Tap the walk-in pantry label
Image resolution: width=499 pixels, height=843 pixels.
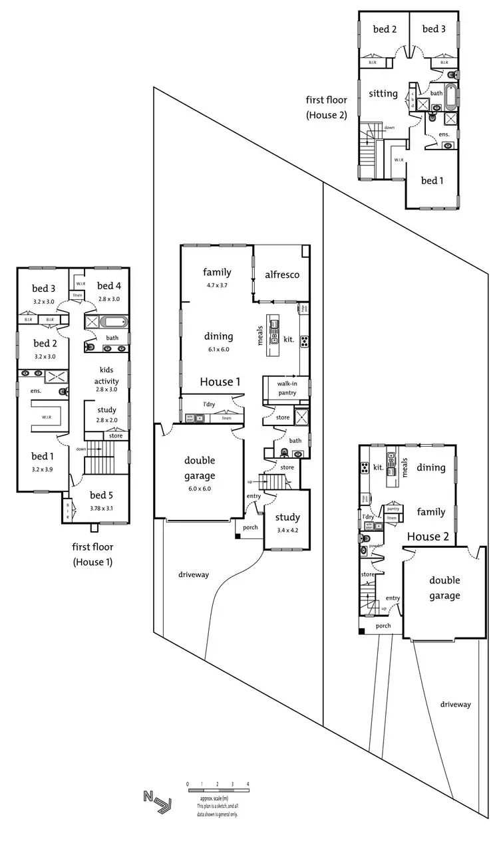[x=287, y=388]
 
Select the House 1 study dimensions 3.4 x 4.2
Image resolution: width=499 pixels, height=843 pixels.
[x=287, y=531]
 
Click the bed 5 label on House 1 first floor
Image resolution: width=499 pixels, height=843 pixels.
[x=102, y=495]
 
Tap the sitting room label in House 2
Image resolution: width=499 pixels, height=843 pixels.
[x=383, y=94]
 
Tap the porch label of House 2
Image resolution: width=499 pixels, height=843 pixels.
[x=383, y=626]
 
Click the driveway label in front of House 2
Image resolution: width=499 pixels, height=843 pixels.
[x=455, y=704]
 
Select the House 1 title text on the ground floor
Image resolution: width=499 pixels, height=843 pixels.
[x=220, y=382]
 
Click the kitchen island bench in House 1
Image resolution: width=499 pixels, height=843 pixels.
[x=273, y=327]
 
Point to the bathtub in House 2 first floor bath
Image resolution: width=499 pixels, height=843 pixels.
[x=451, y=97]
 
